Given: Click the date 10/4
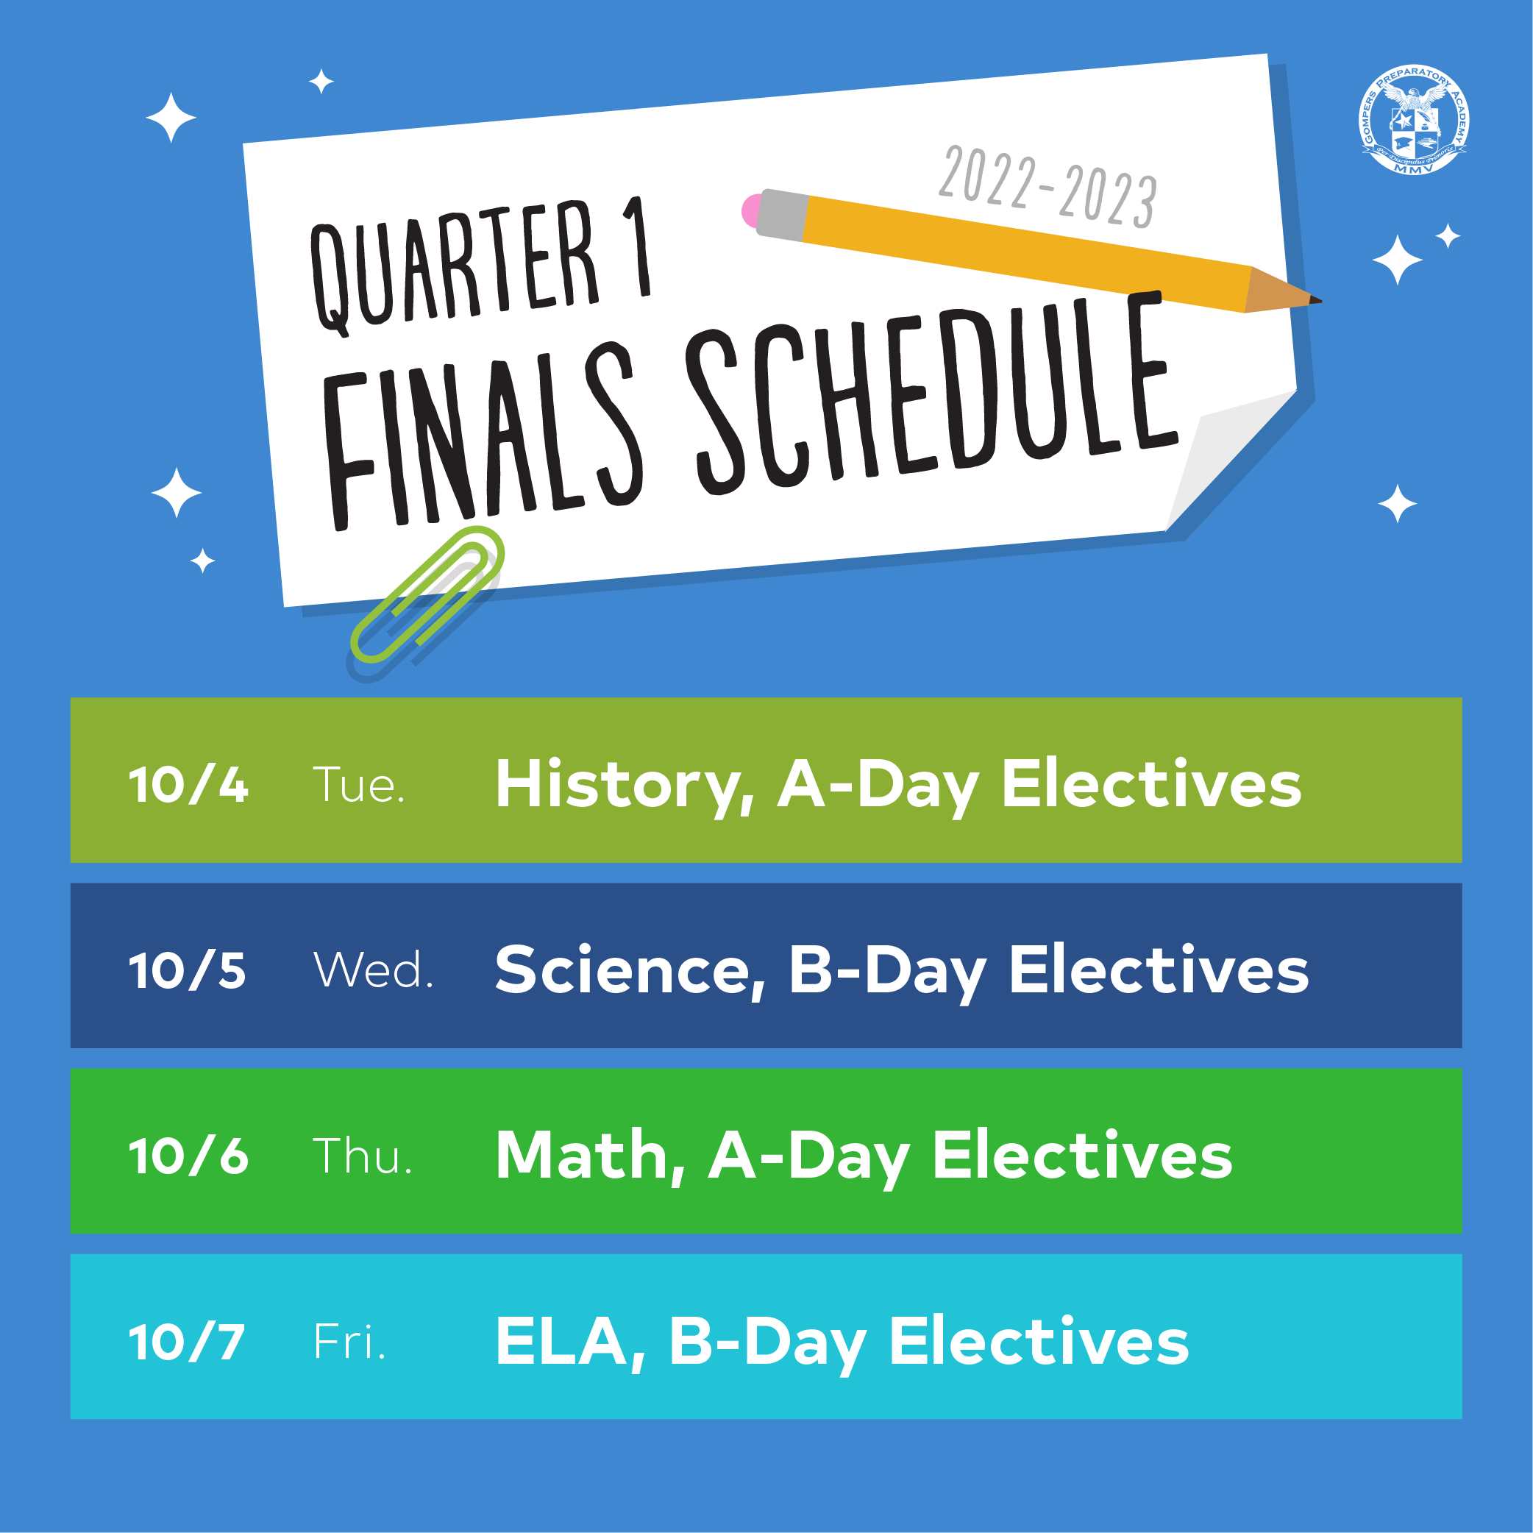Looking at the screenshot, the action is [x=188, y=786].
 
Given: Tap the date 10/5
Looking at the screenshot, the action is [x=188, y=970].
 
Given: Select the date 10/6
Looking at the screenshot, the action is [x=188, y=1156].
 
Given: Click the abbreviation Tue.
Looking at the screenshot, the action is [x=359, y=785].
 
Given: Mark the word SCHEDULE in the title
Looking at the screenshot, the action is [x=932, y=393].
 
